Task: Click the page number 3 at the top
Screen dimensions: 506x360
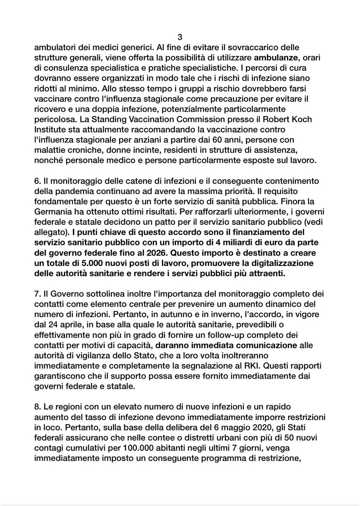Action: (x=180, y=36)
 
